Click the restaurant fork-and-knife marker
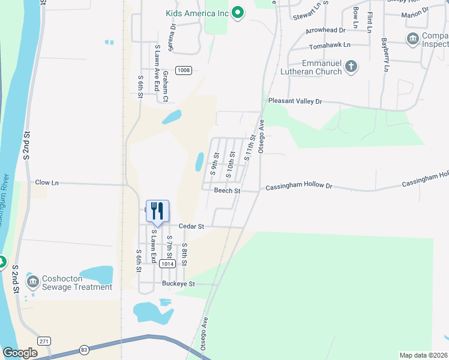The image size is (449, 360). [x=157, y=211]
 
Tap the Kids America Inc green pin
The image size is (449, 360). [x=237, y=12]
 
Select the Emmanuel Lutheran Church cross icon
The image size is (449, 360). [x=352, y=66]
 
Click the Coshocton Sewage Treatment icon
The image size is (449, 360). [x=33, y=280]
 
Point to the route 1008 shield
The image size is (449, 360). [x=184, y=70]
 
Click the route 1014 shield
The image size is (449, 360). [x=167, y=263]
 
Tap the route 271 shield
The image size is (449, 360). [x=43, y=340]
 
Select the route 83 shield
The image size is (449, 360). [x=83, y=349]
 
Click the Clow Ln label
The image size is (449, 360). [x=47, y=182]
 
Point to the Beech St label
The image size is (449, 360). [x=227, y=191]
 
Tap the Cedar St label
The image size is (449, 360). [x=193, y=227]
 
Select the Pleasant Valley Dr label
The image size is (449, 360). [x=295, y=101]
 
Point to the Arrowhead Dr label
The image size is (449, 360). [x=326, y=29]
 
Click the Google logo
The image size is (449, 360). [x=20, y=353]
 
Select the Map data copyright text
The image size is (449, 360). [x=423, y=355]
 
